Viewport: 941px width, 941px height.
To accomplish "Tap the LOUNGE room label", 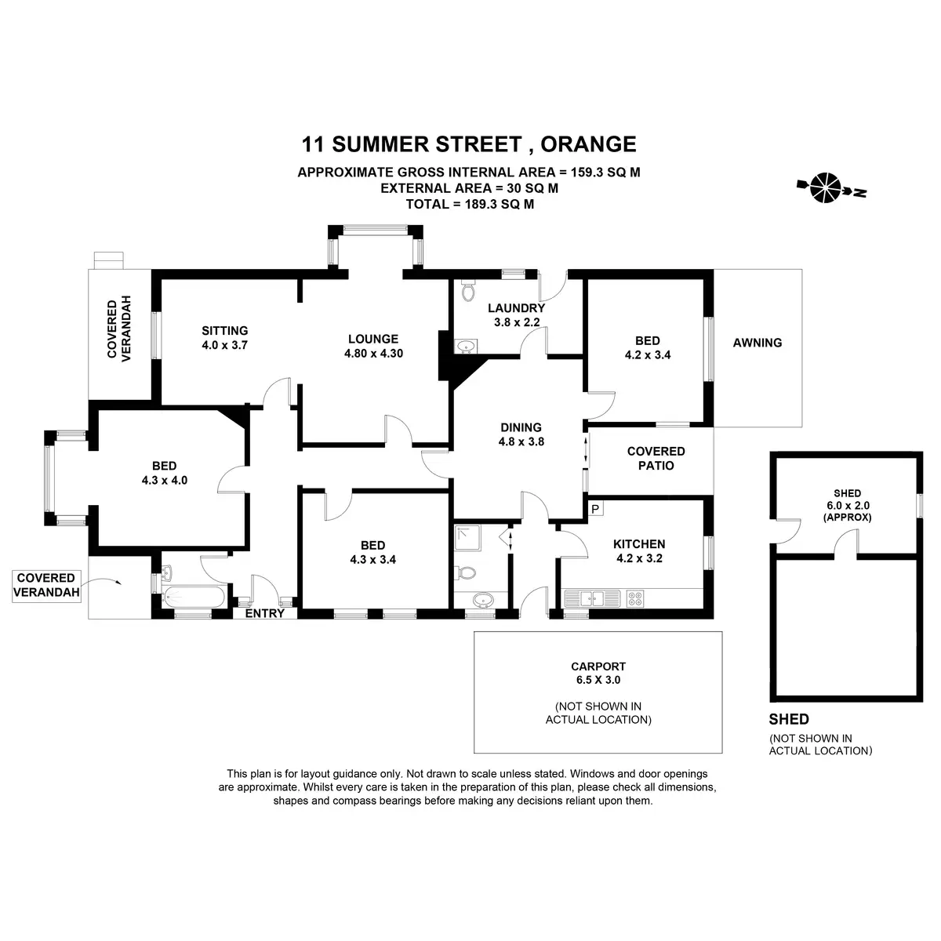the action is (x=373, y=339).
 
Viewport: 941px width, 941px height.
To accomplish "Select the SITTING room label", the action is (x=224, y=331).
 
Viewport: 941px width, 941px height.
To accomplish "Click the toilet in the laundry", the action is (x=468, y=291).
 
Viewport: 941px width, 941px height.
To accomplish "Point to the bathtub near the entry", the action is (x=194, y=596).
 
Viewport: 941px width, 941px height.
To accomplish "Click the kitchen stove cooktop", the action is (x=635, y=598).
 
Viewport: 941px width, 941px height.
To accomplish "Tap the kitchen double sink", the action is (x=592, y=598).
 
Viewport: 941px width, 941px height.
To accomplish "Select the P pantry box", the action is (x=595, y=509).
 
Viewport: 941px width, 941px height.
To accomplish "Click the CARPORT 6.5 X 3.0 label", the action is (x=598, y=673).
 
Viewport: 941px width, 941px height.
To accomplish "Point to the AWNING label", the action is (x=757, y=343).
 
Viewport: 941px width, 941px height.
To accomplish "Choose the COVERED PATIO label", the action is (x=656, y=458).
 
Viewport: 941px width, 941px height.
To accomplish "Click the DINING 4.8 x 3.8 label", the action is (x=521, y=434).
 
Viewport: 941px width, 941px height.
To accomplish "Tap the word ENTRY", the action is (x=265, y=613).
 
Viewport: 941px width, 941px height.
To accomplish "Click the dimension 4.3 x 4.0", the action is (x=165, y=480).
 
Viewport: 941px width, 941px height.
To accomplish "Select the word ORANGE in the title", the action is (x=588, y=144).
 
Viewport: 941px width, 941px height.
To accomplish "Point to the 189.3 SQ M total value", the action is (x=500, y=204).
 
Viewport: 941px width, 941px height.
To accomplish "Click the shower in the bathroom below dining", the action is (x=467, y=538).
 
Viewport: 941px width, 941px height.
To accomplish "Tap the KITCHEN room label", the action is (x=639, y=544).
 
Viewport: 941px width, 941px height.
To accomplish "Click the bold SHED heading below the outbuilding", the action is (x=789, y=719).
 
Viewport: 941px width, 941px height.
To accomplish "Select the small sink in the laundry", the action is (x=465, y=347).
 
